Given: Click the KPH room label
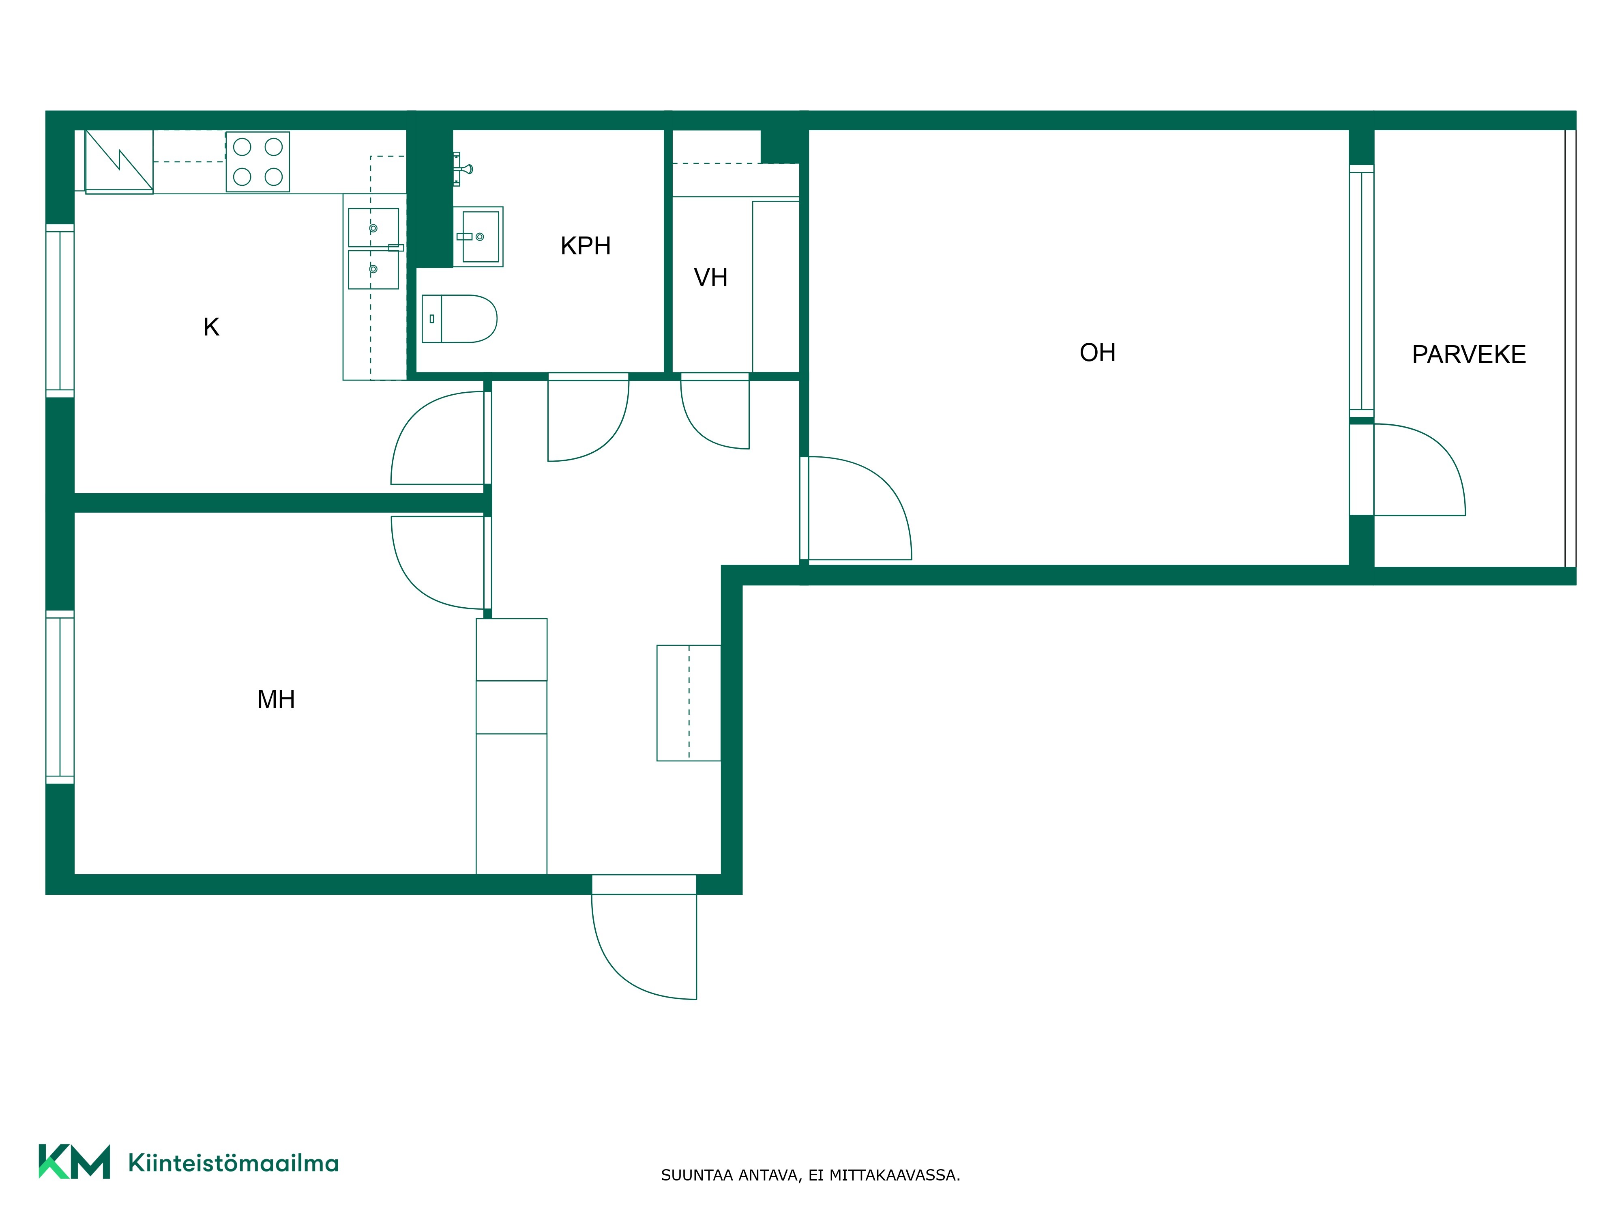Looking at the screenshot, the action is [x=585, y=246].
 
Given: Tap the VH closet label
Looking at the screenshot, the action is [x=710, y=277].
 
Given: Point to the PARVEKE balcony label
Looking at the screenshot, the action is [x=1469, y=355].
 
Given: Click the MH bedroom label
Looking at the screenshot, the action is [x=276, y=700].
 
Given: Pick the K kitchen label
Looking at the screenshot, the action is [x=211, y=327].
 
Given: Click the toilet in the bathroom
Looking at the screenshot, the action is [x=460, y=319].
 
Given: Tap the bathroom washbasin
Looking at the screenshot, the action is [x=478, y=236].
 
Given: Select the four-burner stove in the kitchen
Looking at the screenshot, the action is [x=257, y=162].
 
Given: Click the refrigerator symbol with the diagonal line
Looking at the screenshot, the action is [x=119, y=161].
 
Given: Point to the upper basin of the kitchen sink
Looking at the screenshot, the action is [x=373, y=228].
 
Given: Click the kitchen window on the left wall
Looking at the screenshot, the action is [x=60, y=311].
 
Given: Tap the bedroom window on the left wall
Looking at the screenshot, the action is [x=60, y=697].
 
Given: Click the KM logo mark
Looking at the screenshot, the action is [x=74, y=1161].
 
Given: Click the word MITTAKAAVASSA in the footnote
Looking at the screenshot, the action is [x=894, y=1175].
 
